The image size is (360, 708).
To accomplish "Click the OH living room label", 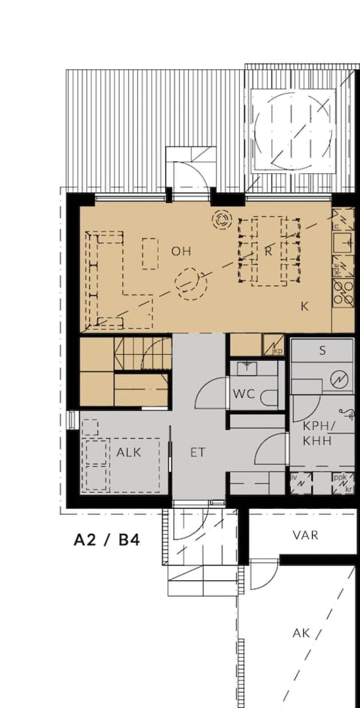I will pos(181,251).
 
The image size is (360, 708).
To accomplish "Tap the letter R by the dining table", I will pos(268,251).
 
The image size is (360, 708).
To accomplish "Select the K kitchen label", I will pos(304,307).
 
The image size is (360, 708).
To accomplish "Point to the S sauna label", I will pos(322,351).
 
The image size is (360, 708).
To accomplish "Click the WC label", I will pos(244,394).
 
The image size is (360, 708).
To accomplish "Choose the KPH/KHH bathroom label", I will pos(317,433).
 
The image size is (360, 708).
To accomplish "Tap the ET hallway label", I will pos(198,452).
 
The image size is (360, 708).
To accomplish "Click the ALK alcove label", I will pos(129,452).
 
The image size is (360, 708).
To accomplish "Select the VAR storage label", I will pos(305,535).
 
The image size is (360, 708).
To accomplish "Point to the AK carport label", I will pos(301,633).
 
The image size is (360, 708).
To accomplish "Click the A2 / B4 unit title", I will pos(107,540).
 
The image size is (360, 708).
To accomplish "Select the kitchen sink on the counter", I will pos(343,243).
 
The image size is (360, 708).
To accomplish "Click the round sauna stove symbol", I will pos(339,380).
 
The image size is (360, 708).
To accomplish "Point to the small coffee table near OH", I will pos(150,254).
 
